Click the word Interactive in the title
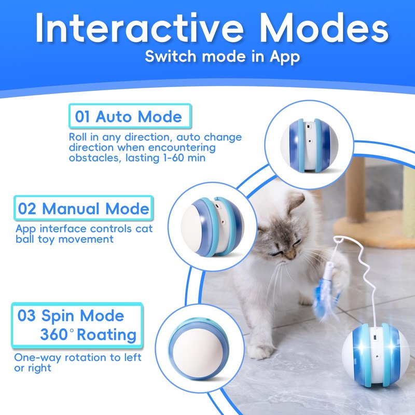pos(140,27)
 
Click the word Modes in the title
pos(324,27)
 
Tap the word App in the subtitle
pos(285,57)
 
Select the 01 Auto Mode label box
pos(130,116)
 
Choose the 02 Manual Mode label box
pos(84,209)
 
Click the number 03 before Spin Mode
pos(26,315)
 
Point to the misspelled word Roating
pos(107,335)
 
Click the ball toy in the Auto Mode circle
pos(309,145)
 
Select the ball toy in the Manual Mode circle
pos(213,227)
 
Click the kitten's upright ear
pos(296,202)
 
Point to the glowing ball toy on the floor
pos(376,355)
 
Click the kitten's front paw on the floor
pos(260,352)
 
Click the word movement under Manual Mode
pos(86,239)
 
